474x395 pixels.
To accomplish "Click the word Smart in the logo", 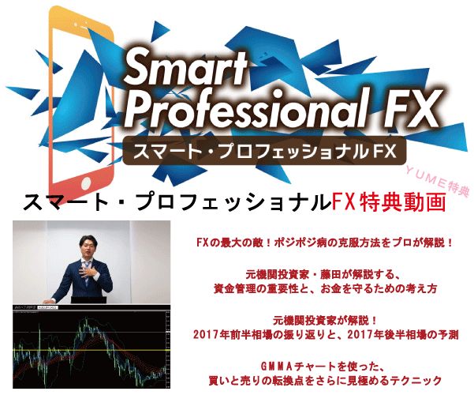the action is [185, 67].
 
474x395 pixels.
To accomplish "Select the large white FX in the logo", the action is [411, 108].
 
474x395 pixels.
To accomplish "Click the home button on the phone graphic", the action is [85, 183].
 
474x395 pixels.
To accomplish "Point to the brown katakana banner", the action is [264, 151].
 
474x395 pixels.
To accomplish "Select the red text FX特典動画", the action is [389, 201].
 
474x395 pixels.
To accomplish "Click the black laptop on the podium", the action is [89, 300].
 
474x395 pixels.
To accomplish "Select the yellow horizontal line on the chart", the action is [91, 351].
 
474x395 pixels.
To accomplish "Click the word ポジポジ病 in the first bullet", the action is [297, 243].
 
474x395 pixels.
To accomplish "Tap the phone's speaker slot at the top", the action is [80, 24].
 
